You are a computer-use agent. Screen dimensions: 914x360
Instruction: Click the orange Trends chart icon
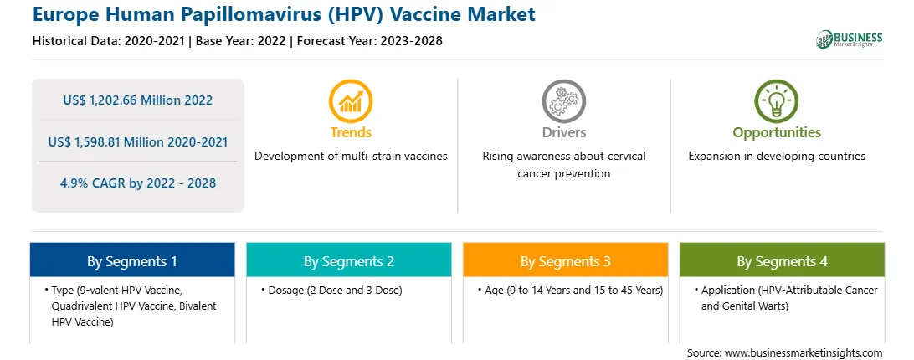click(x=351, y=101)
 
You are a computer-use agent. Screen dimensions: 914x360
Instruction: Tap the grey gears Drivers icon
click(x=563, y=101)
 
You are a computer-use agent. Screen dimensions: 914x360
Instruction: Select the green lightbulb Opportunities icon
click(x=777, y=101)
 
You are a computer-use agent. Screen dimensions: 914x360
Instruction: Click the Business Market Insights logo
click(x=850, y=39)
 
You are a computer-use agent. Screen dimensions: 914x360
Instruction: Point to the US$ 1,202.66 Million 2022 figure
click(x=137, y=100)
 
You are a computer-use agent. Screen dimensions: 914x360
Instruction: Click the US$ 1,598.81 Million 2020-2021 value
click(x=137, y=141)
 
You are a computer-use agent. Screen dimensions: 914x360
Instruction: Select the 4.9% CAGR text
click(x=137, y=183)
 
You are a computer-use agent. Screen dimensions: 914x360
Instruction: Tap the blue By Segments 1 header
click(x=131, y=260)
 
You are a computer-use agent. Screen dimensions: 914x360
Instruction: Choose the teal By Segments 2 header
click(x=348, y=260)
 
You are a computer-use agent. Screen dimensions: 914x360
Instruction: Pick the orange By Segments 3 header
click(x=566, y=260)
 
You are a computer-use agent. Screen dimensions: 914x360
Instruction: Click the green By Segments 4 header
click(x=783, y=260)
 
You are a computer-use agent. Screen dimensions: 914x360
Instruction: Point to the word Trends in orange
click(x=351, y=132)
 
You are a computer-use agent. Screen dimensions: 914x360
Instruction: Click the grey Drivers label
click(x=563, y=132)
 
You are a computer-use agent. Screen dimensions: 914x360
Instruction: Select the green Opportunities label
click(x=777, y=133)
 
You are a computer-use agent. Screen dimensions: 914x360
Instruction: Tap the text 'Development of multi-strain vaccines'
click(x=351, y=157)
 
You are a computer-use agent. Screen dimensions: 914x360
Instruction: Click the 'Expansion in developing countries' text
click(x=777, y=157)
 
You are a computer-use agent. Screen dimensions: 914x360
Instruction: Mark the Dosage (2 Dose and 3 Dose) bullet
click(x=335, y=290)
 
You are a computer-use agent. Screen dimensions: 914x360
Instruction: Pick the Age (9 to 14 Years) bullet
click(x=573, y=290)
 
